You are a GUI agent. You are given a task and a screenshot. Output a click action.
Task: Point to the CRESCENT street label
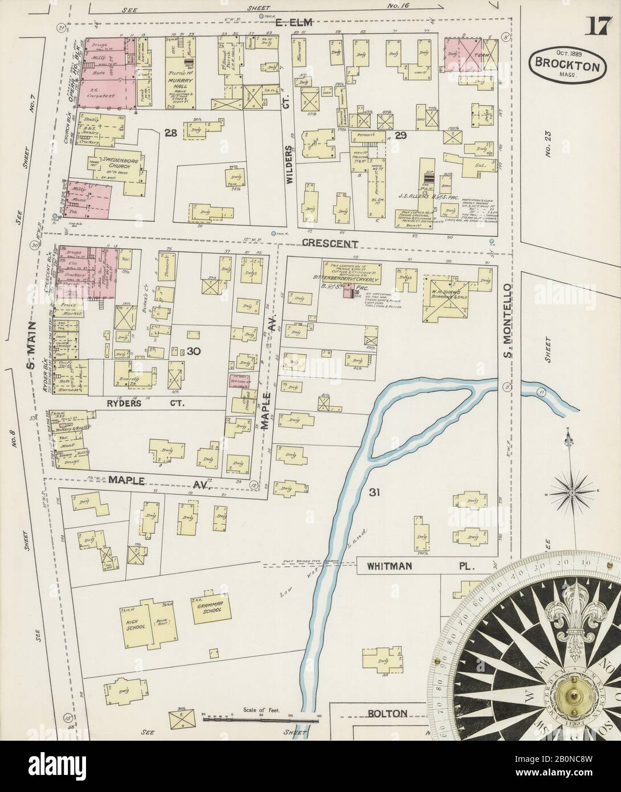point(330,244)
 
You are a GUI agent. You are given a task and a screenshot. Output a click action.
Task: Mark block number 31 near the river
point(374,491)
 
